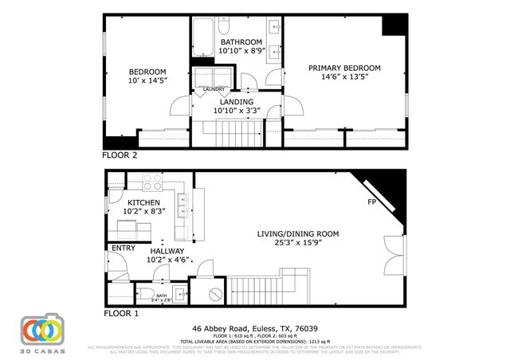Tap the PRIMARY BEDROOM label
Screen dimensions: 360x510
pos(344,68)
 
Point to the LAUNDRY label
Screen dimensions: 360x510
pos(214,88)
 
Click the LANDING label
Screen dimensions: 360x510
pos(237,102)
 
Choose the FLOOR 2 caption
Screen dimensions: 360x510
pos(120,155)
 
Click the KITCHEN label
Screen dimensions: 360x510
pos(144,203)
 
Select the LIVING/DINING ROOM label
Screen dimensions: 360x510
pos(297,234)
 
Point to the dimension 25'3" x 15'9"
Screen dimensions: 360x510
pos(297,245)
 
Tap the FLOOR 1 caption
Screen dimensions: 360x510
pos(121,313)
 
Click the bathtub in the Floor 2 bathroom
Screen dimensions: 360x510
pos(201,36)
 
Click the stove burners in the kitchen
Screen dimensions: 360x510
pos(151,186)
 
